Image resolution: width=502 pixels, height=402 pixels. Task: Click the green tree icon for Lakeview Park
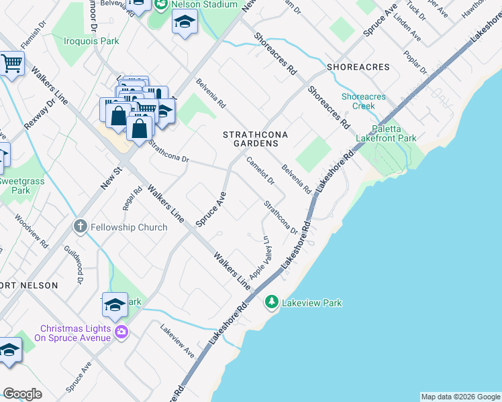tap(272, 303)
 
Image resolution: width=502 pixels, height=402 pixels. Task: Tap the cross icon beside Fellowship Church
tap(81, 227)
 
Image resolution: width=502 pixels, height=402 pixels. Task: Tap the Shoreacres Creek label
tap(363, 101)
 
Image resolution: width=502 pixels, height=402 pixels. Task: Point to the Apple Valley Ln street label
tap(260, 258)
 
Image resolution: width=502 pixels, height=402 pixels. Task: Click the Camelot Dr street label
tap(261, 172)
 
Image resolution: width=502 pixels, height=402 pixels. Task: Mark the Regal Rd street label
tap(133, 198)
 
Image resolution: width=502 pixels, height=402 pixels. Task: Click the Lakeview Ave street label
tap(177, 340)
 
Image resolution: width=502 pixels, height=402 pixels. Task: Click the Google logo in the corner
tap(22, 394)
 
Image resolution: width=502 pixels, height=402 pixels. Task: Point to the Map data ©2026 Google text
tap(460, 397)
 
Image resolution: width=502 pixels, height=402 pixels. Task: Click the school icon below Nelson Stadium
tap(185, 23)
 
